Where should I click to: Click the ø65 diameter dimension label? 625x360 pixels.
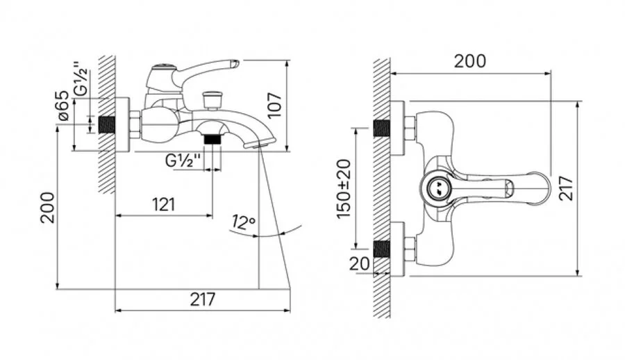point(64,106)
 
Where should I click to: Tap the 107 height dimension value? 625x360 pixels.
point(275,106)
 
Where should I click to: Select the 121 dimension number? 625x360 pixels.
point(164,205)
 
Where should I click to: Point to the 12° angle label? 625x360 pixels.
point(243,222)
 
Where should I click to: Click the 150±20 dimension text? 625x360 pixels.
point(344,189)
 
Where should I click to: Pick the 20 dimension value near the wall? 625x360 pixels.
point(360,263)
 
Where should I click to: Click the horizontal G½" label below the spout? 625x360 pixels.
point(183,161)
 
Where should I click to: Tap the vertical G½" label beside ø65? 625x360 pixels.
point(81,79)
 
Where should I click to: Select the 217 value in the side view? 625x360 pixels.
point(203,299)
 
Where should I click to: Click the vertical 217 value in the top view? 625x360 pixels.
point(566,188)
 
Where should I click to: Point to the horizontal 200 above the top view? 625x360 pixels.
point(470,61)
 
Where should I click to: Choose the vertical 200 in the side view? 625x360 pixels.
point(47,208)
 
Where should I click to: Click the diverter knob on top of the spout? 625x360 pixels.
point(212,100)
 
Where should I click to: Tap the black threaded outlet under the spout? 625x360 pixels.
point(212,139)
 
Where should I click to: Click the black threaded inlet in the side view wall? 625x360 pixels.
point(106,124)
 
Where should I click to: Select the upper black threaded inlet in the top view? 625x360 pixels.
point(381,128)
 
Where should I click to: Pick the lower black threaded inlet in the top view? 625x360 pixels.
point(381,249)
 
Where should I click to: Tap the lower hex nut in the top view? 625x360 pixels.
point(410,249)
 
